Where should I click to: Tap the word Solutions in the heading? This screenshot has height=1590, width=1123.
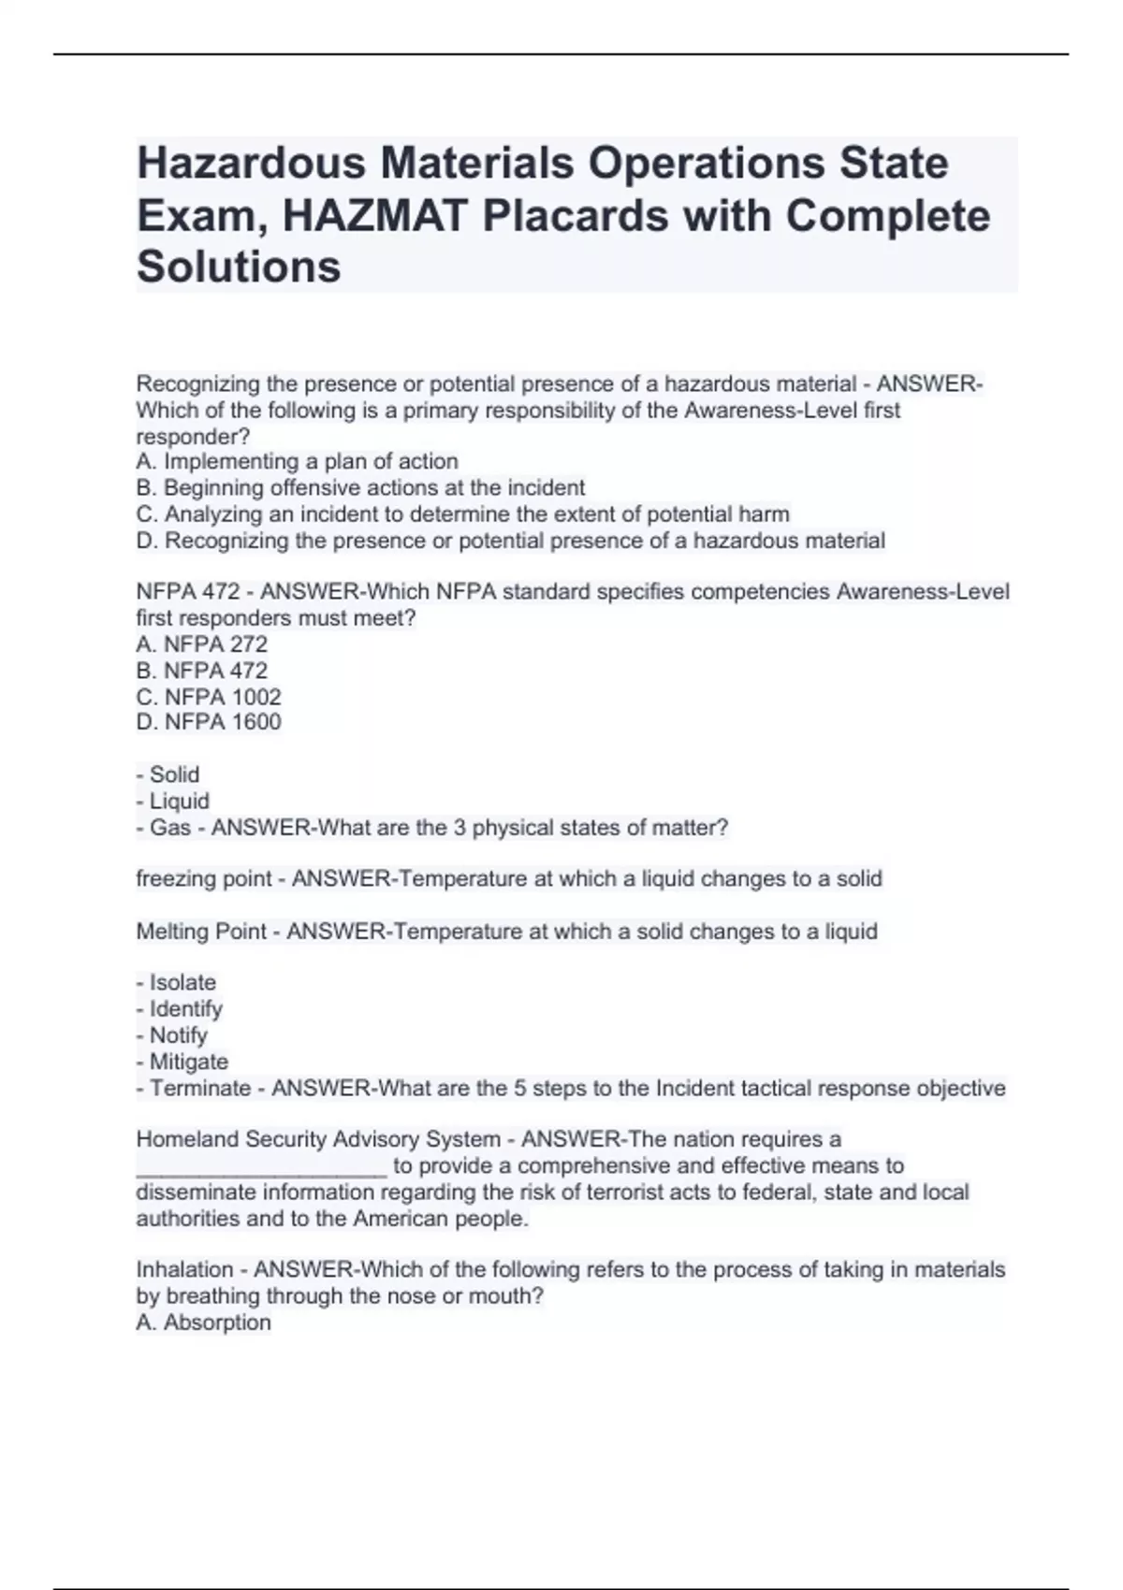click(x=239, y=267)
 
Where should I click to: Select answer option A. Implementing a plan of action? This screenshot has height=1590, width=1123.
click(x=297, y=462)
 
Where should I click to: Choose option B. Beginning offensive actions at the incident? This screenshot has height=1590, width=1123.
click(x=360, y=488)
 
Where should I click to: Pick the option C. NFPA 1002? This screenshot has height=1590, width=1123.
click(x=209, y=697)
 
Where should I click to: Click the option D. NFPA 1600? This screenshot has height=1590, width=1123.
click(x=209, y=722)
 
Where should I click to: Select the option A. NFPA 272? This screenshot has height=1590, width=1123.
click(x=202, y=644)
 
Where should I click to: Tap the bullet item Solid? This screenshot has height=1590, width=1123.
click(x=174, y=774)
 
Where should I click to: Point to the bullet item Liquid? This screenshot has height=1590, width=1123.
click(x=179, y=802)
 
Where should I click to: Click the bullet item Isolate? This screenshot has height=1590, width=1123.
click(x=182, y=983)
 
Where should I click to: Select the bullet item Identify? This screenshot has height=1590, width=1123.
click(x=185, y=1009)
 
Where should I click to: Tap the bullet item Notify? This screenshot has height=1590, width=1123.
click(x=178, y=1035)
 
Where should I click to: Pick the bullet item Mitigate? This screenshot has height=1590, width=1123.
click(x=188, y=1062)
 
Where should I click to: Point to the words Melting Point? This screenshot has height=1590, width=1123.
click(x=201, y=932)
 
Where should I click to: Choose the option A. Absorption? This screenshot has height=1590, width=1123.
click(x=203, y=1323)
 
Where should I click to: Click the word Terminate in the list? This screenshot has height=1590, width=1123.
click(x=200, y=1089)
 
